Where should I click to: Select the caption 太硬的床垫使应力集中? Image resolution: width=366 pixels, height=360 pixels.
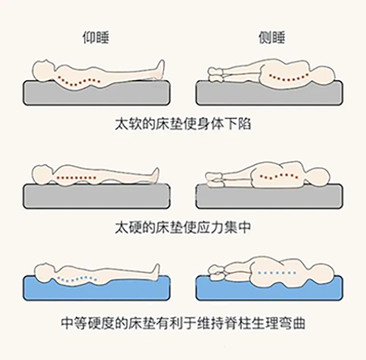click(x=182, y=227)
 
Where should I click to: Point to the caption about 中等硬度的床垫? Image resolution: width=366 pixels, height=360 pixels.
click(x=182, y=322)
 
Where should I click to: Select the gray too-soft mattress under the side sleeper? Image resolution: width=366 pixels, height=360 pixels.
click(x=269, y=94)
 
